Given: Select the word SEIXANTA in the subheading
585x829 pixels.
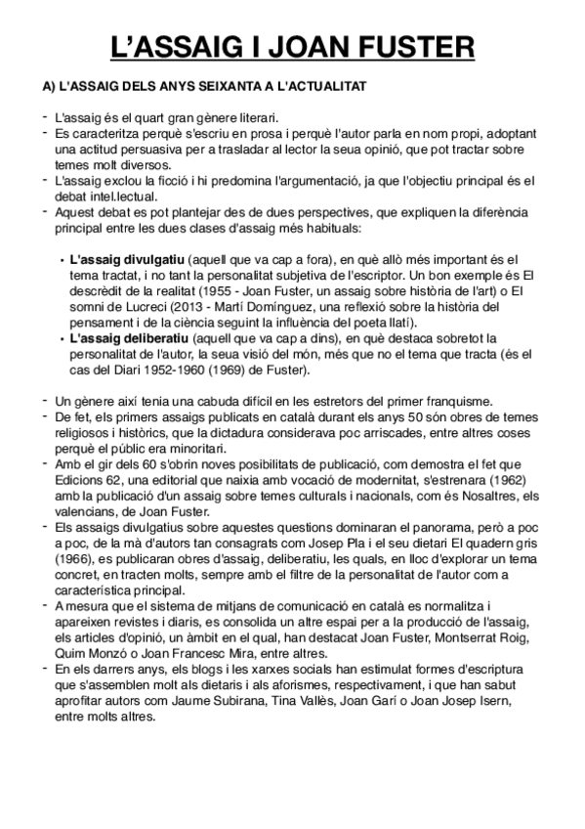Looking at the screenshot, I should click(x=191, y=87).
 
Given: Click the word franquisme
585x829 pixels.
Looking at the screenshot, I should click(x=455, y=401).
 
